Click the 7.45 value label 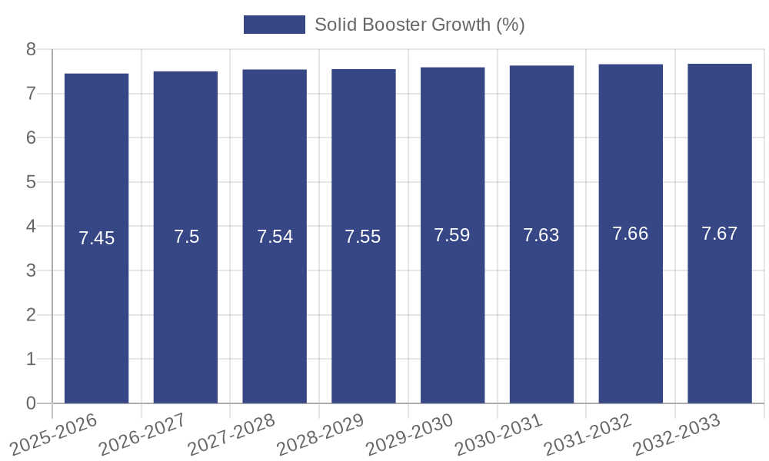click(x=96, y=238)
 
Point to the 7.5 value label click(x=186, y=237)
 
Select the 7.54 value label click(x=275, y=237)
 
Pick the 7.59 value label click(x=452, y=235)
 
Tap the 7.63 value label click(x=541, y=235)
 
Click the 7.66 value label click(x=631, y=234)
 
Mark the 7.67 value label click(x=720, y=234)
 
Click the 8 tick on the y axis click(x=31, y=50)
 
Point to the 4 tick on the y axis click(x=31, y=227)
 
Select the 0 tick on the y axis click(x=31, y=403)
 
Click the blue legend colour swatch click(x=274, y=25)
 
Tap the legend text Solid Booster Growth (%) click(x=420, y=25)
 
